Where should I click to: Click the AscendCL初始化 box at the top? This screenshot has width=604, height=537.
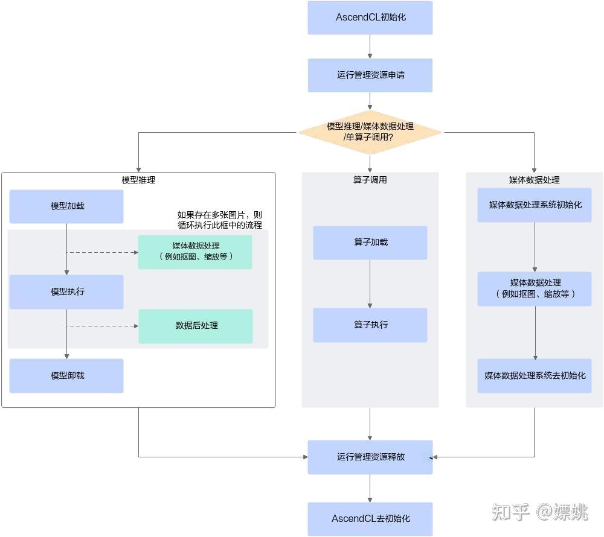[x=370, y=17]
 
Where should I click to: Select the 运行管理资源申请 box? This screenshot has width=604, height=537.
[x=370, y=75]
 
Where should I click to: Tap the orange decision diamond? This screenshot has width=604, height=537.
[x=370, y=132]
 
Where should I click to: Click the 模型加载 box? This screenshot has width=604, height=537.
[x=66, y=206]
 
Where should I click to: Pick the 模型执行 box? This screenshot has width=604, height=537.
[x=66, y=292]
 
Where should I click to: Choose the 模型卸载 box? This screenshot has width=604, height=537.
[x=66, y=376]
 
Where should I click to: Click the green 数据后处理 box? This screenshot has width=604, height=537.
[x=196, y=326]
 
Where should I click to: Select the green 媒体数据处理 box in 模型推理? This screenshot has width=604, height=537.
[x=195, y=252]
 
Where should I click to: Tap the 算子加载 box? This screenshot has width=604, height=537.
[x=370, y=243]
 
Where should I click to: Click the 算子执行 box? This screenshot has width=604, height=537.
[x=370, y=325]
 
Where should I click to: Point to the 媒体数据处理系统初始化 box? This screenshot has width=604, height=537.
[x=535, y=205]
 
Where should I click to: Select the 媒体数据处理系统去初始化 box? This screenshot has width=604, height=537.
[x=535, y=376]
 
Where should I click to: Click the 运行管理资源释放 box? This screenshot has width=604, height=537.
[x=370, y=457]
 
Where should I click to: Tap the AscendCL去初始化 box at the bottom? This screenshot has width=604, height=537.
[x=370, y=519]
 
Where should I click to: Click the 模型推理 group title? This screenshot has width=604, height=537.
[x=138, y=180]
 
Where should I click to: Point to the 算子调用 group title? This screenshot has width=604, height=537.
[x=370, y=180]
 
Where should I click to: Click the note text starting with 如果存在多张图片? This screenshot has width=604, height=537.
[x=219, y=220]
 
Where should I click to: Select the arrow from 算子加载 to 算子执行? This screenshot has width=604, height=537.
[x=370, y=284]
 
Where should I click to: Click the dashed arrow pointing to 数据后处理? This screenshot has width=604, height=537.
[x=103, y=326]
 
